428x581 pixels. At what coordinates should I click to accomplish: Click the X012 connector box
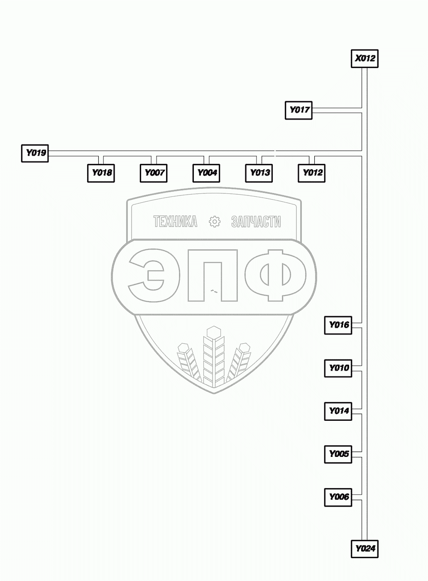pyautogui.click(x=364, y=59)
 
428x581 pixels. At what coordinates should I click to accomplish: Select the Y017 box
pyautogui.click(x=298, y=110)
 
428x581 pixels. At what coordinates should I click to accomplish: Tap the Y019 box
pyautogui.click(x=35, y=153)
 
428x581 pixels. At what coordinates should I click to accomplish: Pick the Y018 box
pyautogui.click(x=101, y=173)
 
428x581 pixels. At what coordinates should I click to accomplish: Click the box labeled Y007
pyautogui.click(x=154, y=173)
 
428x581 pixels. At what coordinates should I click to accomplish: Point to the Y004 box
pyautogui.click(x=206, y=173)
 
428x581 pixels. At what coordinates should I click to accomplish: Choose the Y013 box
pyautogui.click(x=259, y=173)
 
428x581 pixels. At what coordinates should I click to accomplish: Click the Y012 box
pyautogui.click(x=311, y=173)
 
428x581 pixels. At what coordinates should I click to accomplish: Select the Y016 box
pyautogui.click(x=338, y=325)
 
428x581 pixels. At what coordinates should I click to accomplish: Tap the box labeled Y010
pyautogui.click(x=338, y=368)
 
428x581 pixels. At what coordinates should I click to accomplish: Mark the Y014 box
pyautogui.click(x=338, y=411)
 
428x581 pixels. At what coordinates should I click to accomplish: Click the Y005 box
pyautogui.click(x=338, y=454)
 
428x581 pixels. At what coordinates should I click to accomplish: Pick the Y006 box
pyautogui.click(x=338, y=497)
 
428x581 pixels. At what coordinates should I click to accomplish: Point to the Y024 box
pyautogui.click(x=364, y=549)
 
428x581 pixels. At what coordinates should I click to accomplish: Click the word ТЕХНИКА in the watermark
pyautogui.click(x=175, y=222)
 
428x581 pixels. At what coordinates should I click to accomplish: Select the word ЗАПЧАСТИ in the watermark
pyautogui.click(x=256, y=222)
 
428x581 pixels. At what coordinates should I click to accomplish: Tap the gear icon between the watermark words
pyautogui.click(x=215, y=222)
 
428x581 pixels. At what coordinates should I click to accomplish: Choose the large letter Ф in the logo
pyautogui.click(x=275, y=276)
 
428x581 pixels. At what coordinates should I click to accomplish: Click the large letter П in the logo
pyautogui.click(x=213, y=276)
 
